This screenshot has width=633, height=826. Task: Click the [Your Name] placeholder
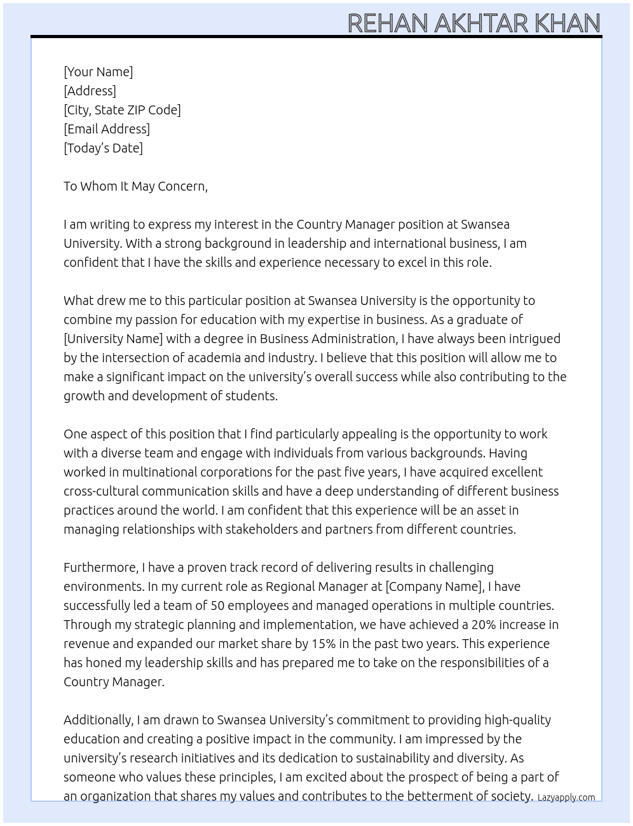(99, 72)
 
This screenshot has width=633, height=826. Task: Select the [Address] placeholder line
(90, 91)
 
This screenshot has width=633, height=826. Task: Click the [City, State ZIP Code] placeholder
(122, 110)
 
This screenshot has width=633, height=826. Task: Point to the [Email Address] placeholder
(107, 129)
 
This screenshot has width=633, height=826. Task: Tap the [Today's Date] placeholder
(103, 148)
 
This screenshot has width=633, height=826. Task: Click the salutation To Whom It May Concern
(135, 186)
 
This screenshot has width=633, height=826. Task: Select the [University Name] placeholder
(113, 339)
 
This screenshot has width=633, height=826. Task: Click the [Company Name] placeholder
(434, 586)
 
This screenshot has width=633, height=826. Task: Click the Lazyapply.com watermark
(566, 797)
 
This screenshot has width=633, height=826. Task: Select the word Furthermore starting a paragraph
(100, 567)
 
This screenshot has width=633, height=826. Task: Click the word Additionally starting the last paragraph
(99, 720)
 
